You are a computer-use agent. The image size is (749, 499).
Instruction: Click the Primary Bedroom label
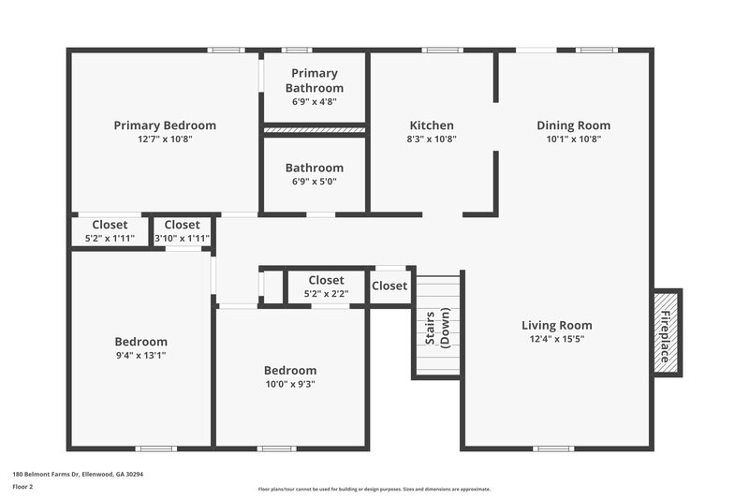coord(165,125)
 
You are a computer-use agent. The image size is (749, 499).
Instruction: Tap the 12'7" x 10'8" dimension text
coord(165,139)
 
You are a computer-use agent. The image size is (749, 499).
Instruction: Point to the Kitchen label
coord(432,125)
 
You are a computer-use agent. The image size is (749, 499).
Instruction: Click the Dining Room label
coord(573,125)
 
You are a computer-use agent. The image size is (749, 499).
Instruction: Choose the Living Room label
coord(556,326)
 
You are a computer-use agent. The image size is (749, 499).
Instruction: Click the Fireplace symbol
coord(667,332)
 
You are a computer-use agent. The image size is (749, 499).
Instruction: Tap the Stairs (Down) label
coord(438,327)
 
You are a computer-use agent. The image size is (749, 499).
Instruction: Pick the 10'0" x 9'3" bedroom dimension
coord(289,384)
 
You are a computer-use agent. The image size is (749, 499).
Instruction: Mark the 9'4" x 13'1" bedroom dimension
coord(141,356)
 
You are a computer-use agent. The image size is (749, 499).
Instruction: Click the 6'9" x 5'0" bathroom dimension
coord(315,182)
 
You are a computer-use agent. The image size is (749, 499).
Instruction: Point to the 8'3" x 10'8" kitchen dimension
coord(432,139)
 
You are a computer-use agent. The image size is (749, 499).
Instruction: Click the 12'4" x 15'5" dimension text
coord(556,339)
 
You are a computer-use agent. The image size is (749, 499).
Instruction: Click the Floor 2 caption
coord(22,487)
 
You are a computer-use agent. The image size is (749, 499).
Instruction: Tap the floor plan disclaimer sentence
coord(374,489)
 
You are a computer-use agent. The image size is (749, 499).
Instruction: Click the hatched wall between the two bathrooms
coord(315,129)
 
